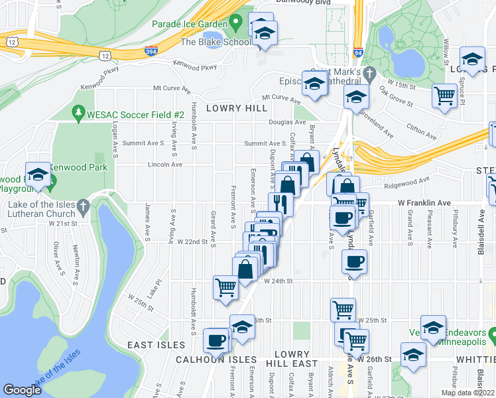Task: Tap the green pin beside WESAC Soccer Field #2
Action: click(x=79, y=114)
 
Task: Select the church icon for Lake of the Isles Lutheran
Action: click(x=83, y=207)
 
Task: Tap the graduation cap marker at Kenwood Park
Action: click(x=38, y=176)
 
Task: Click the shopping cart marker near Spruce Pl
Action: click(x=444, y=96)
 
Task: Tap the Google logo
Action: click(x=23, y=389)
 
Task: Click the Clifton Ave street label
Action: click(x=422, y=131)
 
